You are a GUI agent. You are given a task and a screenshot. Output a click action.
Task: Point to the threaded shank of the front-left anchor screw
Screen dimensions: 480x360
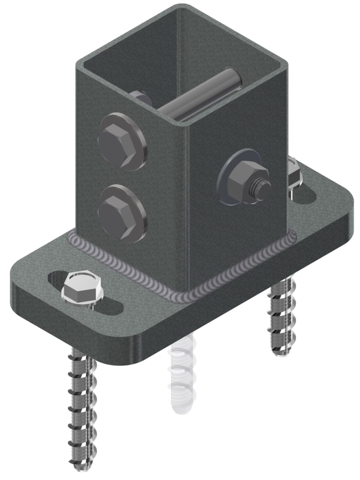click(x=83, y=405)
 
